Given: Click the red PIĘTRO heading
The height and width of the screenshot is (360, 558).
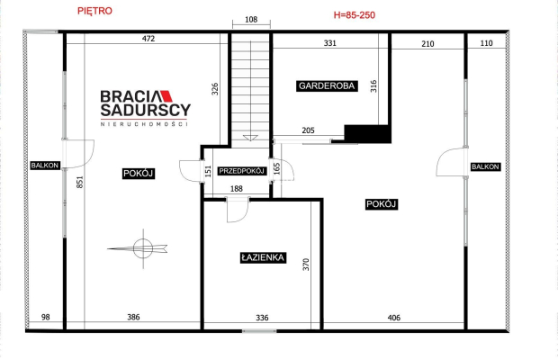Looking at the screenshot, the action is (94, 11).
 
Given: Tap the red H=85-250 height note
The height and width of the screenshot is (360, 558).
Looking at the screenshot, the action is (354, 15).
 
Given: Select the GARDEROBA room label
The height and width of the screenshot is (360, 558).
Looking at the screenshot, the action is (327, 86).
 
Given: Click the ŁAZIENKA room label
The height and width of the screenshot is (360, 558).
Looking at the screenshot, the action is (263, 257).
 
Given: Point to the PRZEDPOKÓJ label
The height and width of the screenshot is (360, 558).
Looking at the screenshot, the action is (242, 171).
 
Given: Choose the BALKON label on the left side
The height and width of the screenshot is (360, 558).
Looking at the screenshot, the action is (45, 166).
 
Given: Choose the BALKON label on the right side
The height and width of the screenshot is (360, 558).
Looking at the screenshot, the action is (485, 166).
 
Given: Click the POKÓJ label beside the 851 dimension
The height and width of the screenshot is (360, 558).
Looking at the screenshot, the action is (139, 174).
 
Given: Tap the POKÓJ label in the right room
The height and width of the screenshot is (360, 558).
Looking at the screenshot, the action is (381, 204).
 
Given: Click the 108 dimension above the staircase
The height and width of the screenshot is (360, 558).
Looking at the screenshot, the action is (251, 20).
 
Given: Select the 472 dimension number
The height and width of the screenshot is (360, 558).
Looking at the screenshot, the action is (148, 39).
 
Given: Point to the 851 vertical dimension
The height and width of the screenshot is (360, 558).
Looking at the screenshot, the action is (80, 182).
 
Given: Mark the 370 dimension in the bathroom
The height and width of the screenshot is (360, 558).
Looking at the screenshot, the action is (306, 265).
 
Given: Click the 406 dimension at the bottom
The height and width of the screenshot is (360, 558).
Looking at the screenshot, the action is (394, 318).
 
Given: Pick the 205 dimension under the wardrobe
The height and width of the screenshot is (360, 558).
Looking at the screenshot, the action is (308, 130).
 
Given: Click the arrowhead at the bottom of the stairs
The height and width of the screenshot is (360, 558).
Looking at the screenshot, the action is (250, 138).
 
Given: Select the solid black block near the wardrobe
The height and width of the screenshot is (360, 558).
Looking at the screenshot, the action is (367, 134).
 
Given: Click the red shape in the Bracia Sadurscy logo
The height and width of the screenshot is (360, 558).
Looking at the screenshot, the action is (166, 96).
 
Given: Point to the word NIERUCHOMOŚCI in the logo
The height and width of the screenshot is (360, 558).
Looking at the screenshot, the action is (144, 124).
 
